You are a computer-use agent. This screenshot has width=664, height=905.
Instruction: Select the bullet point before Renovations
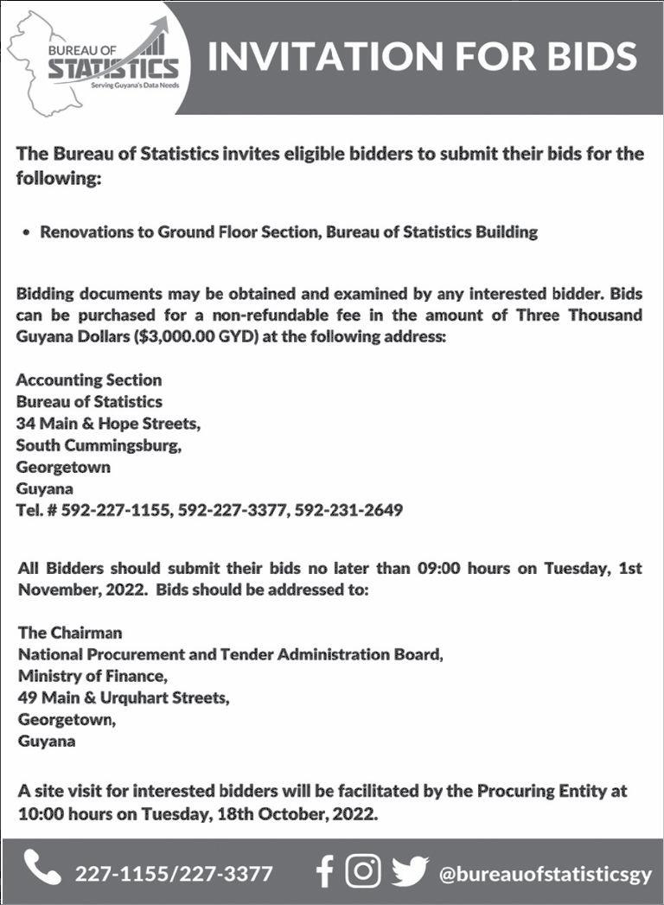coord(29,233)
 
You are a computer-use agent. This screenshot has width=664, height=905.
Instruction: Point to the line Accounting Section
coord(88,380)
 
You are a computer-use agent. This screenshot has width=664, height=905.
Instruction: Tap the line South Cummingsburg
coord(99,446)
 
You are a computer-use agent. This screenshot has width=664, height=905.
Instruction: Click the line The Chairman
coord(70,634)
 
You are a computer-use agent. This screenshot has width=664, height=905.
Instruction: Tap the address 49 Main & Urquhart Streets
coord(124,698)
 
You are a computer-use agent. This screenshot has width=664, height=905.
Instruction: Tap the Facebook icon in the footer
coord(324,871)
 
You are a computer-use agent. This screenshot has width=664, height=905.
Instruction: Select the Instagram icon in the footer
coord(363,871)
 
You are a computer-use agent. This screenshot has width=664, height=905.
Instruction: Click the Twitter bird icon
coord(410,871)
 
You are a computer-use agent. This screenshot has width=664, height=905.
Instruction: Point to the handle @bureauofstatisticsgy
coord(546,873)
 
